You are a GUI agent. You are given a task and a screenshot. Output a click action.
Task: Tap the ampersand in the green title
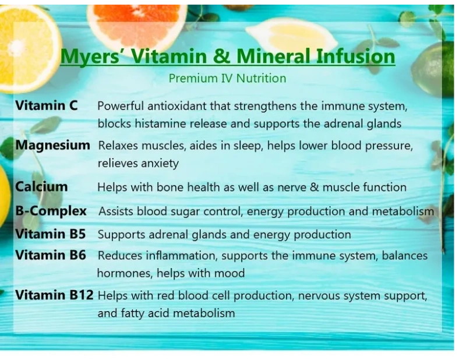(222, 56)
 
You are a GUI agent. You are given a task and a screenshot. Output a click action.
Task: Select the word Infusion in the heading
(355, 56)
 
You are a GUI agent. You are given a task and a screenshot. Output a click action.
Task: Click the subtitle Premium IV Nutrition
(227, 79)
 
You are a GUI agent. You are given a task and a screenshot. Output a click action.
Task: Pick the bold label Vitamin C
(47, 105)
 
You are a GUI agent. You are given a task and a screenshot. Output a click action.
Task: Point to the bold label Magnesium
(52, 146)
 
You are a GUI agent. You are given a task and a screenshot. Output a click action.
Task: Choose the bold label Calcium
(41, 186)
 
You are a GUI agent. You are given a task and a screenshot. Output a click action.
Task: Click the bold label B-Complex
(51, 211)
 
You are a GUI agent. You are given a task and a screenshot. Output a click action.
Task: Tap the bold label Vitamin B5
(51, 234)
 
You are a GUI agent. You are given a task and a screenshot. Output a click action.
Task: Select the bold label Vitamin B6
(51, 255)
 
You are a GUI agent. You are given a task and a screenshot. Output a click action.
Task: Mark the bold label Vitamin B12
(54, 295)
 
